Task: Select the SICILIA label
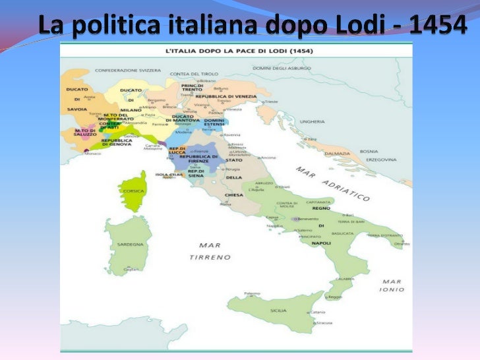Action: coord(278,310)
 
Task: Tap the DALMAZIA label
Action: coord(338,153)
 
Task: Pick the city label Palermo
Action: coord(253,293)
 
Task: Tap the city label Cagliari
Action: coord(132,269)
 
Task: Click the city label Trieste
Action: coord(272,102)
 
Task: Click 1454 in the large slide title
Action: coord(437,26)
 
